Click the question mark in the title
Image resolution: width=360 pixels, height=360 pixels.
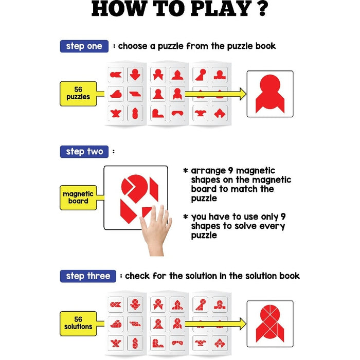click(x=260, y=8)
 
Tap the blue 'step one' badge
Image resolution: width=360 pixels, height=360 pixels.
click(x=84, y=46)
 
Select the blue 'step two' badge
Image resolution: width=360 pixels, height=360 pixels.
click(x=84, y=152)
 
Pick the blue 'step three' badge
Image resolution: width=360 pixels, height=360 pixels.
click(x=88, y=276)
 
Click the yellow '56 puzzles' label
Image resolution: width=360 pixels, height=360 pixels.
click(x=78, y=94)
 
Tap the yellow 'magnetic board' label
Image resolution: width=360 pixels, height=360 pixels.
click(x=78, y=197)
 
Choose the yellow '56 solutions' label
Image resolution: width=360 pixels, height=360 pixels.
click(x=78, y=323)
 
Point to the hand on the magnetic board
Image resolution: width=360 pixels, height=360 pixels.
click(x=156, y=229)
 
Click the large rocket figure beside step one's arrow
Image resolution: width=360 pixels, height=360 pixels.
click(x=270, y=94)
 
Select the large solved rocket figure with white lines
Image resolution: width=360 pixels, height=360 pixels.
click(x=270, y=323)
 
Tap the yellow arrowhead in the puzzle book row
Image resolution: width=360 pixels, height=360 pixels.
click(x=243, y=94)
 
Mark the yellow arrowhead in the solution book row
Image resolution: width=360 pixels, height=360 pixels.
click(x=243, y=324)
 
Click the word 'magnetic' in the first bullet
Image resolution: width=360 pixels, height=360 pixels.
click(x=256, y=171)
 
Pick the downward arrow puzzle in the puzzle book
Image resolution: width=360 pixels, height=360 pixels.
click(x=135, y=75)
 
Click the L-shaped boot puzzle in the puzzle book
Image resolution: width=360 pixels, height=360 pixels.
click(x=158, y=113)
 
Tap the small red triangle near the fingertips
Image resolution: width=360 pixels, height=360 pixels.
click(x=146, y=211)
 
